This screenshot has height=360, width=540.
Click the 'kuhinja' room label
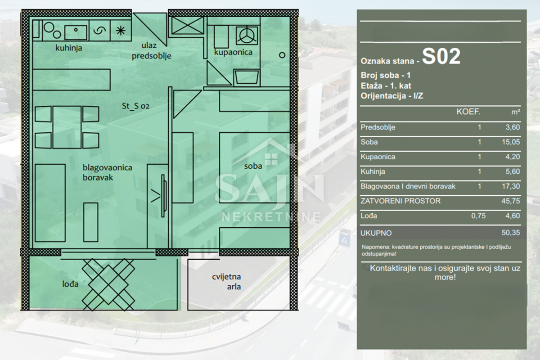pos(69,48)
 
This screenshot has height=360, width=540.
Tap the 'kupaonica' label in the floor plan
pos(233,52)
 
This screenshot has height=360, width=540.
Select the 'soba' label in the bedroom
pos(253,166)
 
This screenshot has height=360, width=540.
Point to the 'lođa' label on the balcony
pos(70,284)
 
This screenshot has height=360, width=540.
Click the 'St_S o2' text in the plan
pos(135,106)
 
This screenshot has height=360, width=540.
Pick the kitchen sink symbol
pos(76,32)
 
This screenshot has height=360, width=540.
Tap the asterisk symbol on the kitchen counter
pos(121,31)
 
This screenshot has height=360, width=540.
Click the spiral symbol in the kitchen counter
pos(99,31)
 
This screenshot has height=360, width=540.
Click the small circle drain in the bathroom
pos(282,55)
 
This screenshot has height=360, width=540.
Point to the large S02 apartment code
pos(441,56)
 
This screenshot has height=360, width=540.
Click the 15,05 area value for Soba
pos(511,142)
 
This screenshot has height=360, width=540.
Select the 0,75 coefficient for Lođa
pos(478,216)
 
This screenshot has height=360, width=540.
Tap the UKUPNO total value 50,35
pos(511,233)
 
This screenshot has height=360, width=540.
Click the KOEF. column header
pos(468,112)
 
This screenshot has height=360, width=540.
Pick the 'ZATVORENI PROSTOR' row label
pos(400,201)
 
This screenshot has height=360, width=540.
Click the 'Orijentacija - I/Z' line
pos(392,96)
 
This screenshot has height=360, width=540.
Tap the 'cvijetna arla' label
pos(227,282)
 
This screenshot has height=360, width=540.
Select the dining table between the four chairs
pos(67,127)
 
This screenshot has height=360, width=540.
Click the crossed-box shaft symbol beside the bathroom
pos(188,25)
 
